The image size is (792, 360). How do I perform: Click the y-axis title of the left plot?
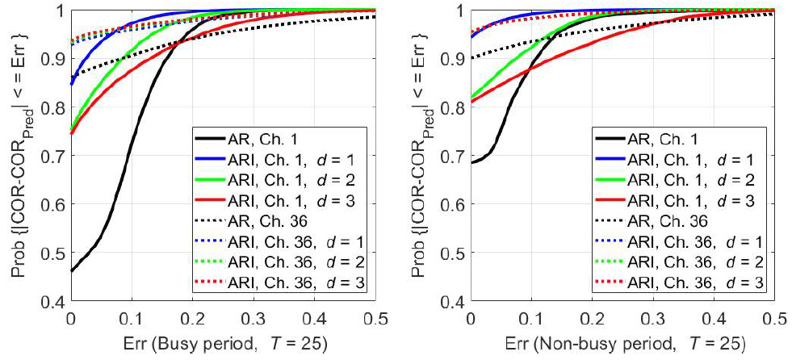[x=21, y=155]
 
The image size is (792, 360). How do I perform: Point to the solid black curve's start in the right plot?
[x=477, y=161]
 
